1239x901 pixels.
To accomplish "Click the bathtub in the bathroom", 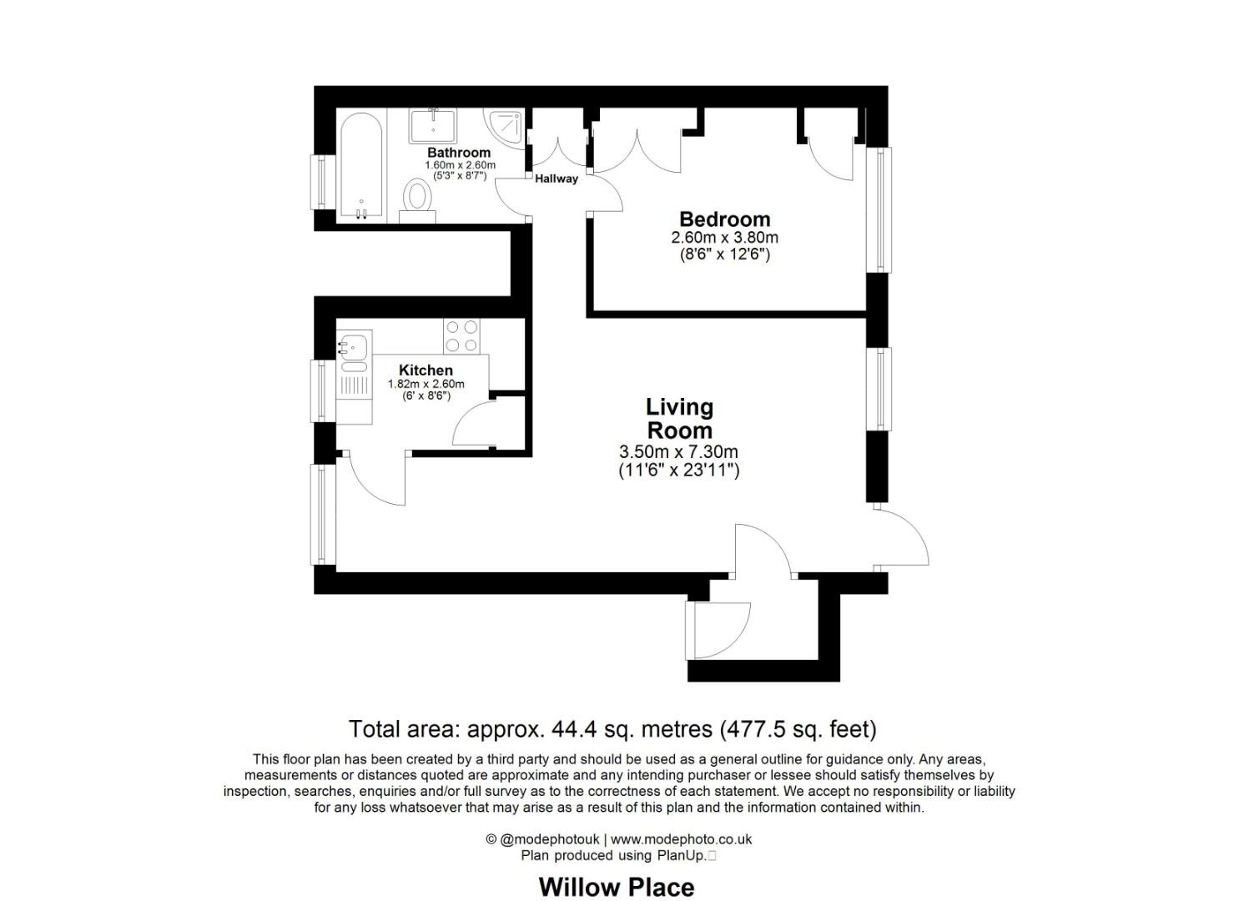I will click(360, 165).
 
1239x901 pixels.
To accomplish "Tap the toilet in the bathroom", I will click(416, 197).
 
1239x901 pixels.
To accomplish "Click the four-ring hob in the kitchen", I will click(461, 336).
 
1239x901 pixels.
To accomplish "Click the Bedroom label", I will click(724, 219).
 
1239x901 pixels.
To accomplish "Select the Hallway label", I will click(556, 179).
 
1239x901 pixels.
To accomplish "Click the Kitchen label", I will click(426, 370).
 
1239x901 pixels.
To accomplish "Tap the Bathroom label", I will click(459, 153).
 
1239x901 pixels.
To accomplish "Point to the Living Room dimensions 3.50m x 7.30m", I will click(677, 452).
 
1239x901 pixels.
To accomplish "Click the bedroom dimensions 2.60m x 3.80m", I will click(724, 238).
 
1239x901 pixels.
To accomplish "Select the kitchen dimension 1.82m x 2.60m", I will click(426, 384).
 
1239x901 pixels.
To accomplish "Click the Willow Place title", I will click(616, 887).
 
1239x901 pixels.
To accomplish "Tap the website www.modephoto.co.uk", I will click(681, 839).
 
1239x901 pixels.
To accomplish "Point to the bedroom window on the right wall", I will click(878, 209).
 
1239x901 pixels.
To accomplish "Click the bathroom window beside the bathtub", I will click(323, 182).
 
